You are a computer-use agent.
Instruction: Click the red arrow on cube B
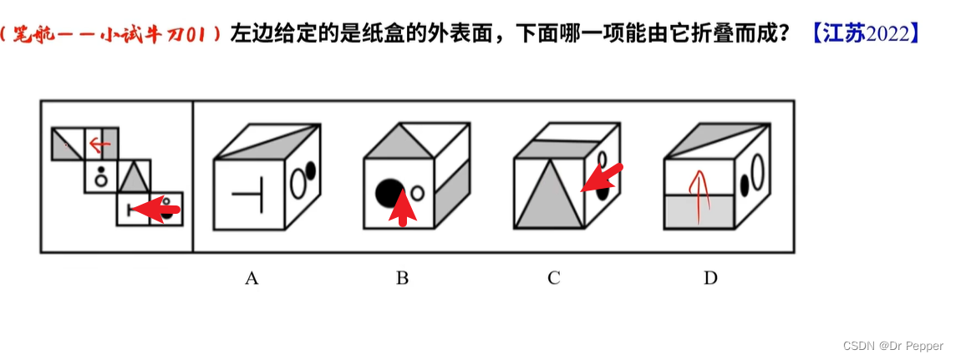pos(404,208)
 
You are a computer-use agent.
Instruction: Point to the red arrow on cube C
pos(603,177)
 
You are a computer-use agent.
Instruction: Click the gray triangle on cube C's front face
pos(549,197)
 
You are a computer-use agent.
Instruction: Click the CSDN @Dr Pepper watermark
pos(892,346)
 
